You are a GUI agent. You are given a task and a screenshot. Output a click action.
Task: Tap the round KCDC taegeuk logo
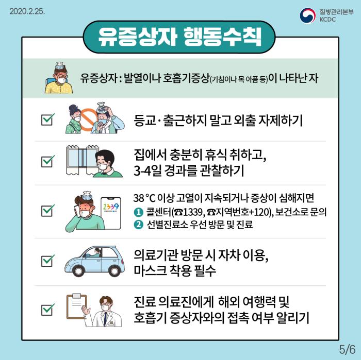pyautogui.click(x=308, y=15)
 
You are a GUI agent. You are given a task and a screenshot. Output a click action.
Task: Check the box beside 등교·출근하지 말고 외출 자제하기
pyautogui.click(x=48, y=119)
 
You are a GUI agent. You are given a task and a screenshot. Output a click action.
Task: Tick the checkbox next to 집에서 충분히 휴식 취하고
pyautogui.click(x=48, y=162)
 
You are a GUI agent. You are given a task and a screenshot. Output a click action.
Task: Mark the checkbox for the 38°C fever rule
pyautogui.click(x=48, y=210)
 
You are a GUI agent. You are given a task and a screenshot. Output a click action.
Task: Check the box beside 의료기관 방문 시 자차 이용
pyautogui.click(x=48, y=261)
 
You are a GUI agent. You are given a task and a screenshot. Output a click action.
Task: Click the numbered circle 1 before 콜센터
pyautogui.click(x=137, y=212)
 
